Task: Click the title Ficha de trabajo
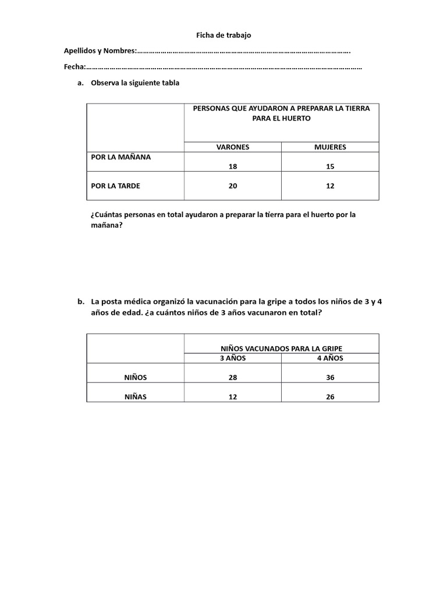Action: coord(223,36)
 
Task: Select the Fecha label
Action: coord(74,67)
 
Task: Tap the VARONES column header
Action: coord(233,147)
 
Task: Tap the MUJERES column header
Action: coord(330,147)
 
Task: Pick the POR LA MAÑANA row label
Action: coord(121,157)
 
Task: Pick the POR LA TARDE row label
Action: coord(116,186)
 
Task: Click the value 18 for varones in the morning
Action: coord(233,166)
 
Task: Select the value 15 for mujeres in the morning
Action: coord(330,166)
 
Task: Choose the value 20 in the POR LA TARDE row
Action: coord(233,186)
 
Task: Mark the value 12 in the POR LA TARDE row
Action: coord(330,186)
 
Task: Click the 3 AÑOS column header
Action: coord(233,358)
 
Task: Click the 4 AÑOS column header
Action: coord(330,358)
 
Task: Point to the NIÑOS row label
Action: coord(136,377)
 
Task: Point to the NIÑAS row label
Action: coord(136,397)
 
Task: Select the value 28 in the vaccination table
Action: coord(233,378)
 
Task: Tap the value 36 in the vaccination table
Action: coord(330,378)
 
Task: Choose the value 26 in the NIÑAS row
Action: coord(330,398)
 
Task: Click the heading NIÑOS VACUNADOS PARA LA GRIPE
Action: coord(282,348)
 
